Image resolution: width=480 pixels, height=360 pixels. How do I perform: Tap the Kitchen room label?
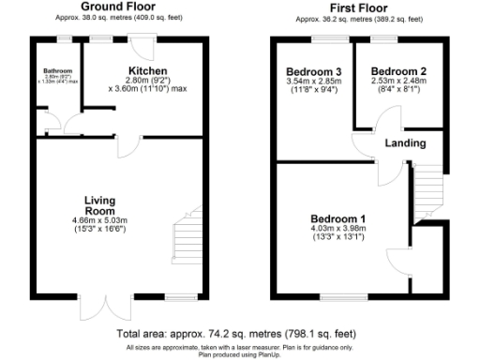[x=148, y=71]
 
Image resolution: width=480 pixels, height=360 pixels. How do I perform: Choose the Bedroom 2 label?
[x=398, y=71]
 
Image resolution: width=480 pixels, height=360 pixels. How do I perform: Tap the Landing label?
[x=406, y=143]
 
